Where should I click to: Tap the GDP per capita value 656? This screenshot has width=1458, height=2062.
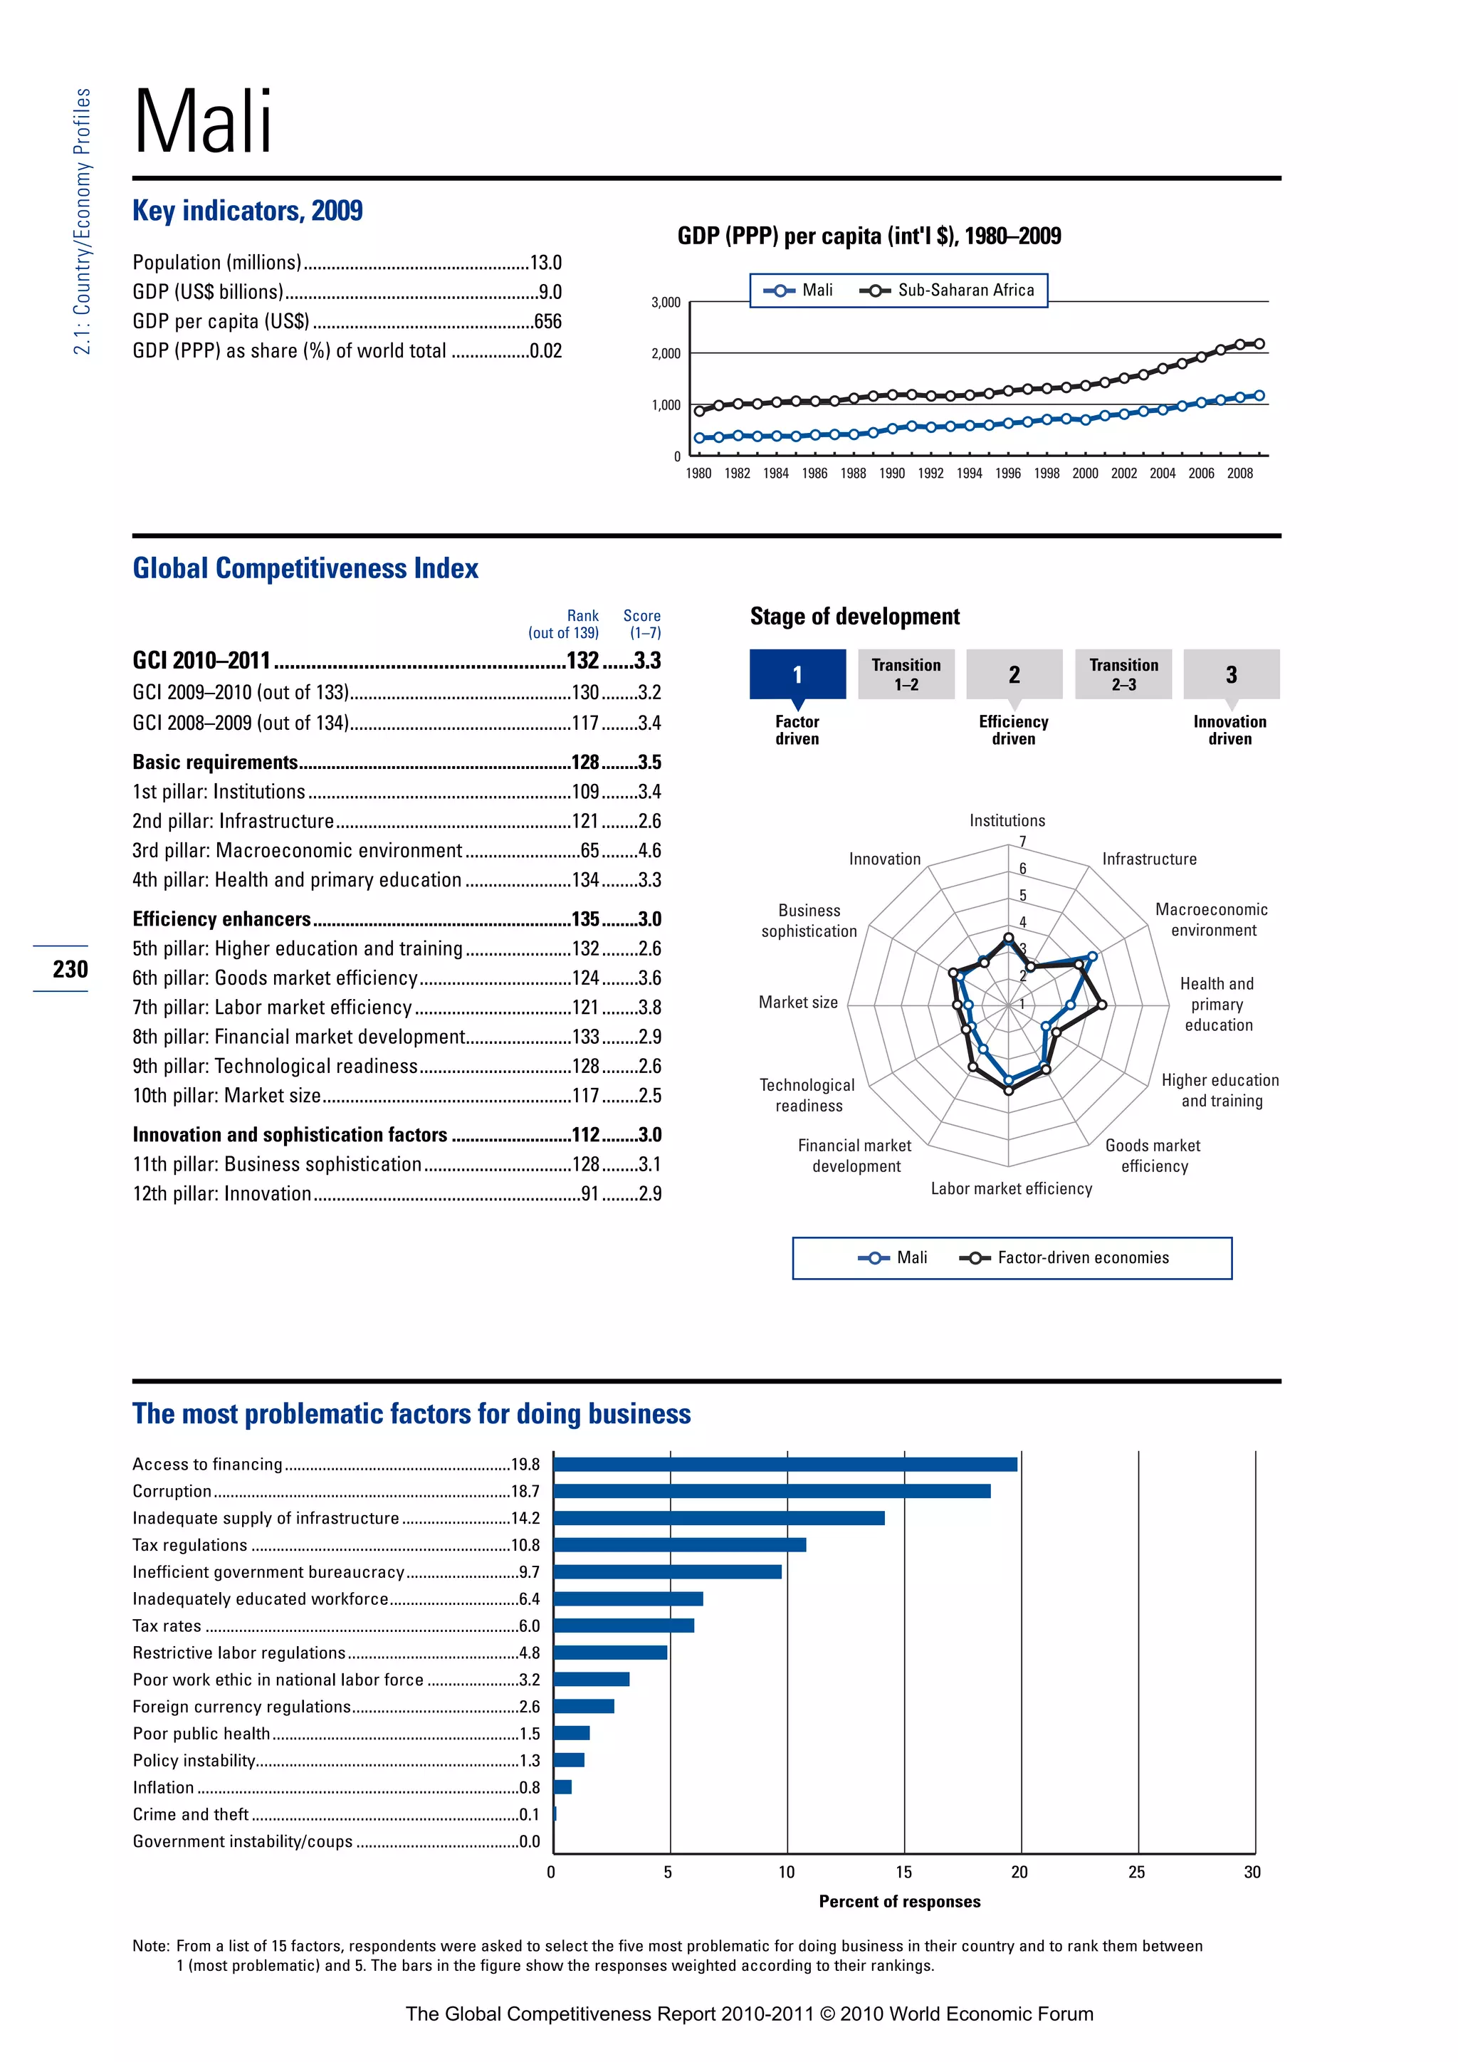547,322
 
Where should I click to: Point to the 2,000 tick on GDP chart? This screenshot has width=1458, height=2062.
665,354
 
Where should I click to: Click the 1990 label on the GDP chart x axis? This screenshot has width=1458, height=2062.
891,473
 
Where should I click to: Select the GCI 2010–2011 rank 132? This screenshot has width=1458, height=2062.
582,661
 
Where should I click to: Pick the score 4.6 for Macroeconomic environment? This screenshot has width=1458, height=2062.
649,850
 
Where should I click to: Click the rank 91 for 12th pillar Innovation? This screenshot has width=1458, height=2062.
590,1193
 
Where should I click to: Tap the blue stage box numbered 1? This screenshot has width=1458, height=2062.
797,674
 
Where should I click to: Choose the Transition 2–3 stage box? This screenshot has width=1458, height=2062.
1123,674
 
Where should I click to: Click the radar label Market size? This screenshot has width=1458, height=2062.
797,1003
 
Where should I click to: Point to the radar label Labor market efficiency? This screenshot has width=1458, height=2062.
1011,1189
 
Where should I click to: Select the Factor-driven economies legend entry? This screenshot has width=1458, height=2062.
1082,1258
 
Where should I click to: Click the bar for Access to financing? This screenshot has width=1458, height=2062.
785,1465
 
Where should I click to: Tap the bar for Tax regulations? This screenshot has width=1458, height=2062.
680,1544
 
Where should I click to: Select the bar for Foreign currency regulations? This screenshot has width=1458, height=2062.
584,1707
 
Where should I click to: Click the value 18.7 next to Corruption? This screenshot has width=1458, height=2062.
525,1492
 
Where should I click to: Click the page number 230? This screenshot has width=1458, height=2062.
70,969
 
